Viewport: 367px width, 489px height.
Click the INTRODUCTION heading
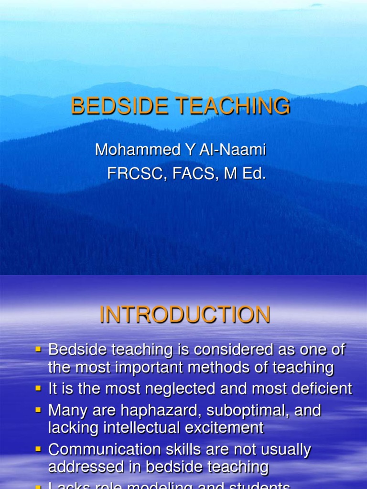pos(185,315)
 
